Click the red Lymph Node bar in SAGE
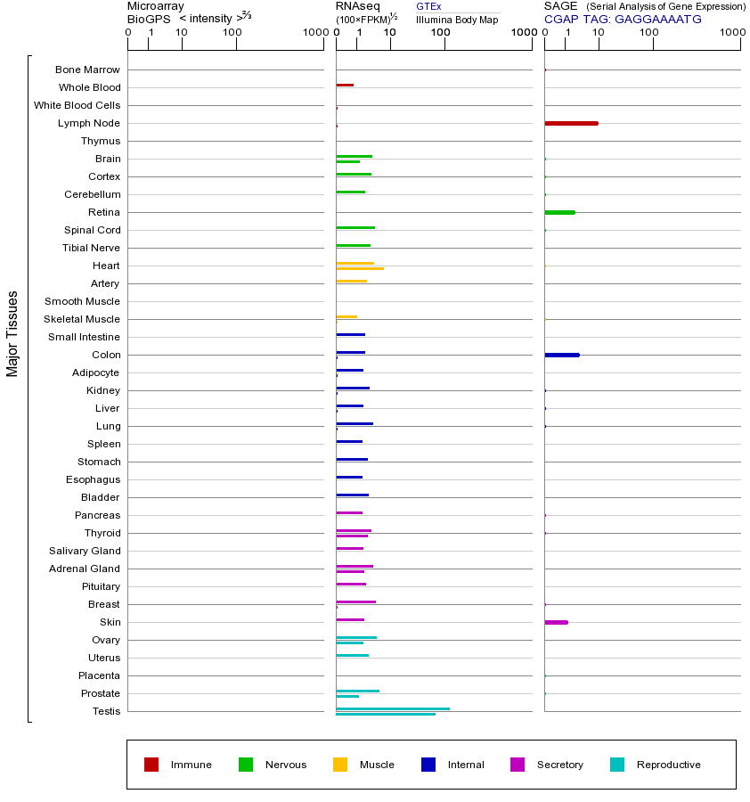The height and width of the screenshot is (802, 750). tap(571, 123)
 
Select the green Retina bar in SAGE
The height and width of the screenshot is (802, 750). tap(559, 212)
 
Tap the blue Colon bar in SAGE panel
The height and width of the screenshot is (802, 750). tap(561, 355)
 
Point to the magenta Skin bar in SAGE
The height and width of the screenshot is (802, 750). tap(556, 622)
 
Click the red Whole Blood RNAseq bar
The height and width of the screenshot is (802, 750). tap(345, 85)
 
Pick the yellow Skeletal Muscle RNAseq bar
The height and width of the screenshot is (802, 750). tap(346, 316)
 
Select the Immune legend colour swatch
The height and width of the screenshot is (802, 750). tap(151, 765)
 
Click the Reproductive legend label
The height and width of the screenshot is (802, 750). tap(668, 765)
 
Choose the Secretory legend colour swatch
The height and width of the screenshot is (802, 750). tap(518, 765)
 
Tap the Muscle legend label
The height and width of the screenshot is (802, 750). tap(377, 765)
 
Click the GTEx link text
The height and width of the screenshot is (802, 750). tap(428, 6)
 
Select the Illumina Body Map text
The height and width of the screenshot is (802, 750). tap(457, 20)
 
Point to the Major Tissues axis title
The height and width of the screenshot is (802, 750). tap(12, 333)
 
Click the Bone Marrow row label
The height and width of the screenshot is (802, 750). tap(87, 70)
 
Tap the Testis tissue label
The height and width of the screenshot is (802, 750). tap(106, 711)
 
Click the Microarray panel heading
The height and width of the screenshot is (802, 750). tap(156, 6)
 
